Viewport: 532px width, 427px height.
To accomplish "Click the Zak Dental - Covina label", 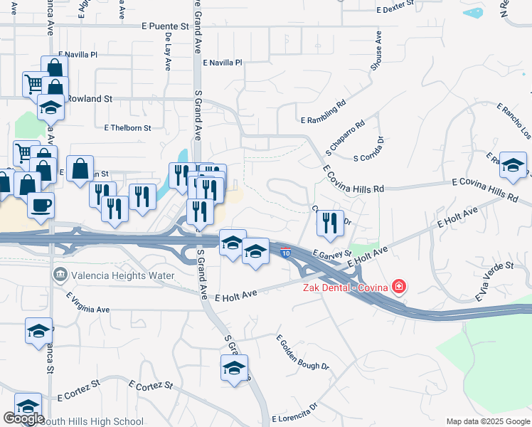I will pyautogui.click(x=345, y=287).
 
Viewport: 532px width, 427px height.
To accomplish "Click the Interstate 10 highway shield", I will pyautogui.click(x=285, y=253).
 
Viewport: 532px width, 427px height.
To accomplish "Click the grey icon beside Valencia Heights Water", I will pyautogui.click(x=60, y=274).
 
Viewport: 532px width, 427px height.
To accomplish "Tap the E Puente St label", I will pyautogui.click(x=163, y=26).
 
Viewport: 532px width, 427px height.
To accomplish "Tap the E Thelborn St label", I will pyautogui.click(x=127, y=128).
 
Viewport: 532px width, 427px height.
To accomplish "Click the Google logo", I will pyautogui.click(x=23, y=418).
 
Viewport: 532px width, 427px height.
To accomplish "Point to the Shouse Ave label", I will pyautogui.click(x=376, y=53).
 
